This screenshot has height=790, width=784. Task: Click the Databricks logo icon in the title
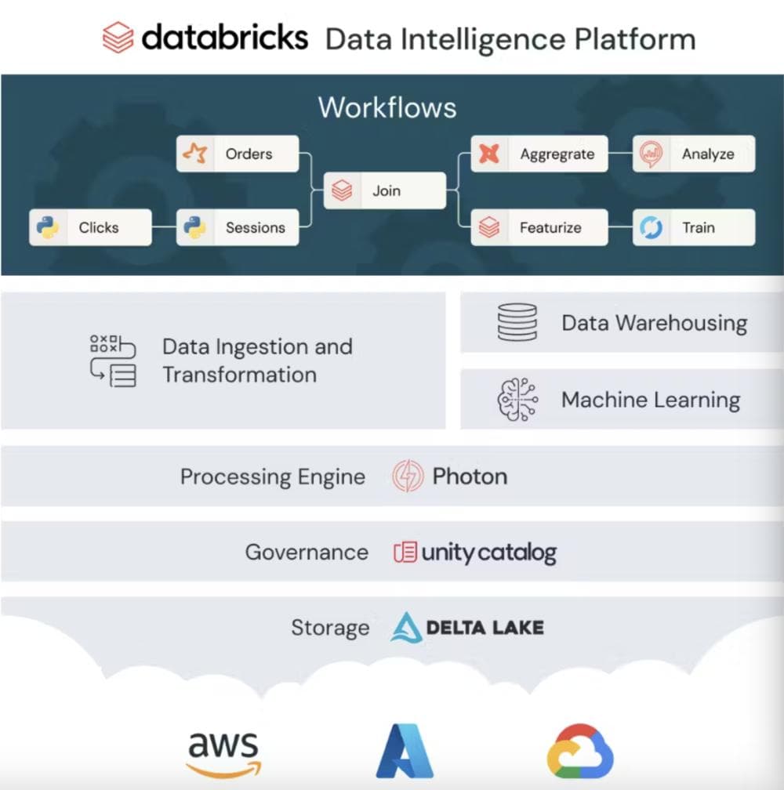point(118,38)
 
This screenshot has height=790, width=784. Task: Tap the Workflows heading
point(387,107)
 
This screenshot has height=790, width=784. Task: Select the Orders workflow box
point(238,154)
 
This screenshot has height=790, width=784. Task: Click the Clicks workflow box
point(90,227)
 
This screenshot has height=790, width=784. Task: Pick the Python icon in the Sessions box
point(194,227)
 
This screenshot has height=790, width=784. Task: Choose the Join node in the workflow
point(385,190)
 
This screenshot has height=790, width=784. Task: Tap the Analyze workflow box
point(694,154)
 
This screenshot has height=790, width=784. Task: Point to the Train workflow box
point(694,227)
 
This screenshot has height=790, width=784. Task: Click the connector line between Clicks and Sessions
point(164,227)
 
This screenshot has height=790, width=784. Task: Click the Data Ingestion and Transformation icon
point(113,361)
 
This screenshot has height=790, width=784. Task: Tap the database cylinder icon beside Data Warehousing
point(517,323)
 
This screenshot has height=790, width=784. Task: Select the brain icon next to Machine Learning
point(518,400)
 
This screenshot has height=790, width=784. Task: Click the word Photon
point(470,477)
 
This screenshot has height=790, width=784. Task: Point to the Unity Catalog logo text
point(488,553)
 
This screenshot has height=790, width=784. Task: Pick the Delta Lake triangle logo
point(406,627)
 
